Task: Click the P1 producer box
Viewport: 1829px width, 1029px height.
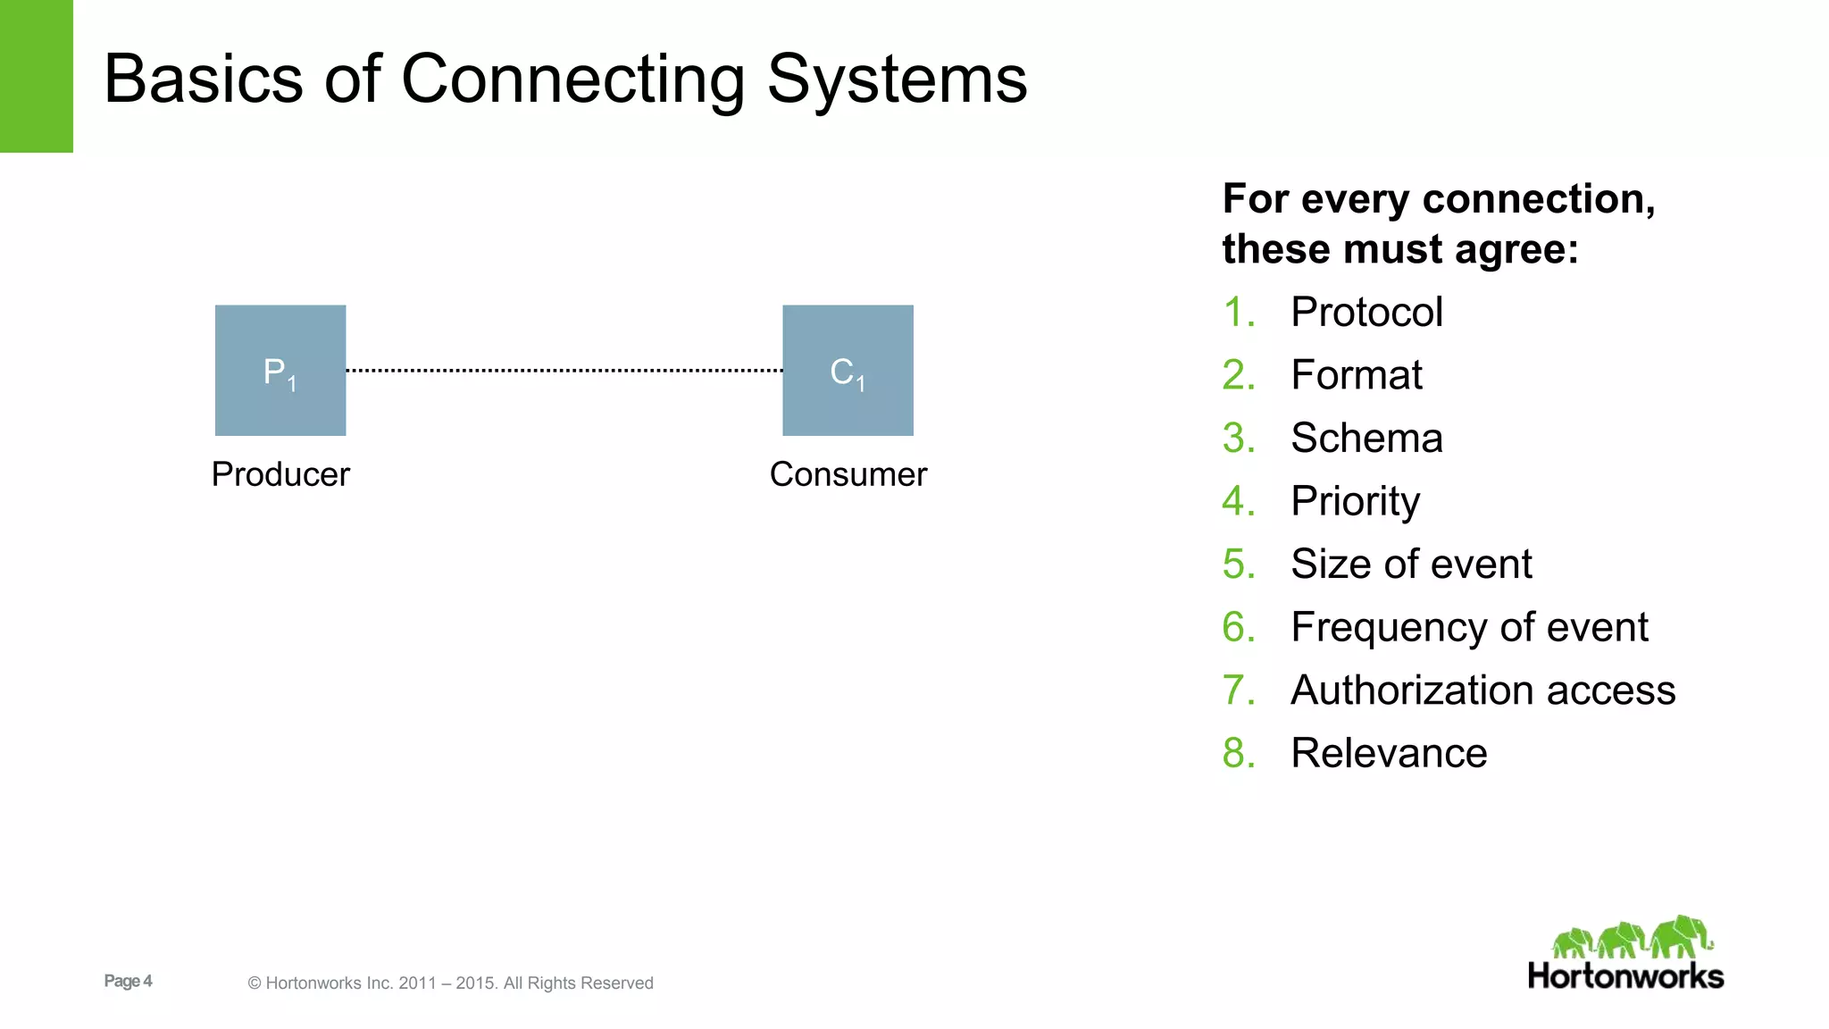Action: [x=280, y=371]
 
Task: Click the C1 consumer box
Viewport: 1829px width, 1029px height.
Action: [x=848, y=371]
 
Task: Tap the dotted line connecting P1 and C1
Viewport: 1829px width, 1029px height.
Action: [x=564, y=370]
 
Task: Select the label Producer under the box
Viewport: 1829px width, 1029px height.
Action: [x=280, y=474]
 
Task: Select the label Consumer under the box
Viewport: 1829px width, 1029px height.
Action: [x=848, y=474]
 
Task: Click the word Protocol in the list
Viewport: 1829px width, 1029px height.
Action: [x=1366, y=313]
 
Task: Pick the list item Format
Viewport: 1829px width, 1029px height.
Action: [x=1356, y=375]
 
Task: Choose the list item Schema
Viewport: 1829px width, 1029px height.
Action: [x=1366, y=439]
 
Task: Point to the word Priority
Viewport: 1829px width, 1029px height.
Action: [x=1355, y=501]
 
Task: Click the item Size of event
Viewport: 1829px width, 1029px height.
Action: [x=1411, y=565]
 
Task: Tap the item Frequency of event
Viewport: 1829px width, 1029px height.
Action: [x=1469, y=627]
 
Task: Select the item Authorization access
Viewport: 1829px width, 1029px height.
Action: [x=1482, y=690]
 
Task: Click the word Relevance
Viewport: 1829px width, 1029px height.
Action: [x=1389, y=753]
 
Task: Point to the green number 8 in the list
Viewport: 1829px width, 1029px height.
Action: [x=1235, y=753]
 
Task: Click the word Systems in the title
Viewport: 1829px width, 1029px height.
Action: [x=897, y=79]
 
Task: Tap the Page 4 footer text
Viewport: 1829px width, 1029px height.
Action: [x=128, y=981]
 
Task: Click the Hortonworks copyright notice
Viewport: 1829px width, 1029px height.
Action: [x=450, y=983]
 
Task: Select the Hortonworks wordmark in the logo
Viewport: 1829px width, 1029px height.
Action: [x=1625, y=976]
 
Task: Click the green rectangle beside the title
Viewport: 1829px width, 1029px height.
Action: [x=36, y=76]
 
